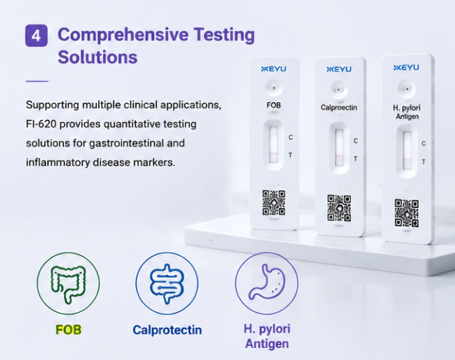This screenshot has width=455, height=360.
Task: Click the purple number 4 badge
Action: point(36,35)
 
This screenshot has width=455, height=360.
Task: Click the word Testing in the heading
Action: point(224,35)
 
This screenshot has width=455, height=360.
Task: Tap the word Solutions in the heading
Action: point(97,57)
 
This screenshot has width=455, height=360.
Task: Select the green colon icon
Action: point(68,284)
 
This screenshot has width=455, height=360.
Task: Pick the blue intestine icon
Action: point(167,284)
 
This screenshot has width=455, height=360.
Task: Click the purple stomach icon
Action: point(266,282)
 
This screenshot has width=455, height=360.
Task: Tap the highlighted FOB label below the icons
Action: point(69,330)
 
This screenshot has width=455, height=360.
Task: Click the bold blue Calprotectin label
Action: point(167,330)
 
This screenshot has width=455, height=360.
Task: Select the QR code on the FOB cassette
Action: point(274,203)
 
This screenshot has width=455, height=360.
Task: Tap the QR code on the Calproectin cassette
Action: point(339,208)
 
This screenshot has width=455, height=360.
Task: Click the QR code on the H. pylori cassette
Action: point(407,213)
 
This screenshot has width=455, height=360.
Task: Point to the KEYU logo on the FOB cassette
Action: point(274,69)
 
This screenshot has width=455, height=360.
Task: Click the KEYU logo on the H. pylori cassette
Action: point(406,67)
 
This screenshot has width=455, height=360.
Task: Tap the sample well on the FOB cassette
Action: point(274,88)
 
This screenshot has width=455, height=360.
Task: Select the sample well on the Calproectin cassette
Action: point(339,90)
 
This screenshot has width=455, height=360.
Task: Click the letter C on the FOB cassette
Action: point(290,137)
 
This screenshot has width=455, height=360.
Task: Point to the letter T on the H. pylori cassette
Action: point(424,162)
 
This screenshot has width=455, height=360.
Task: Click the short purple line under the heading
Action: point(37,82)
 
